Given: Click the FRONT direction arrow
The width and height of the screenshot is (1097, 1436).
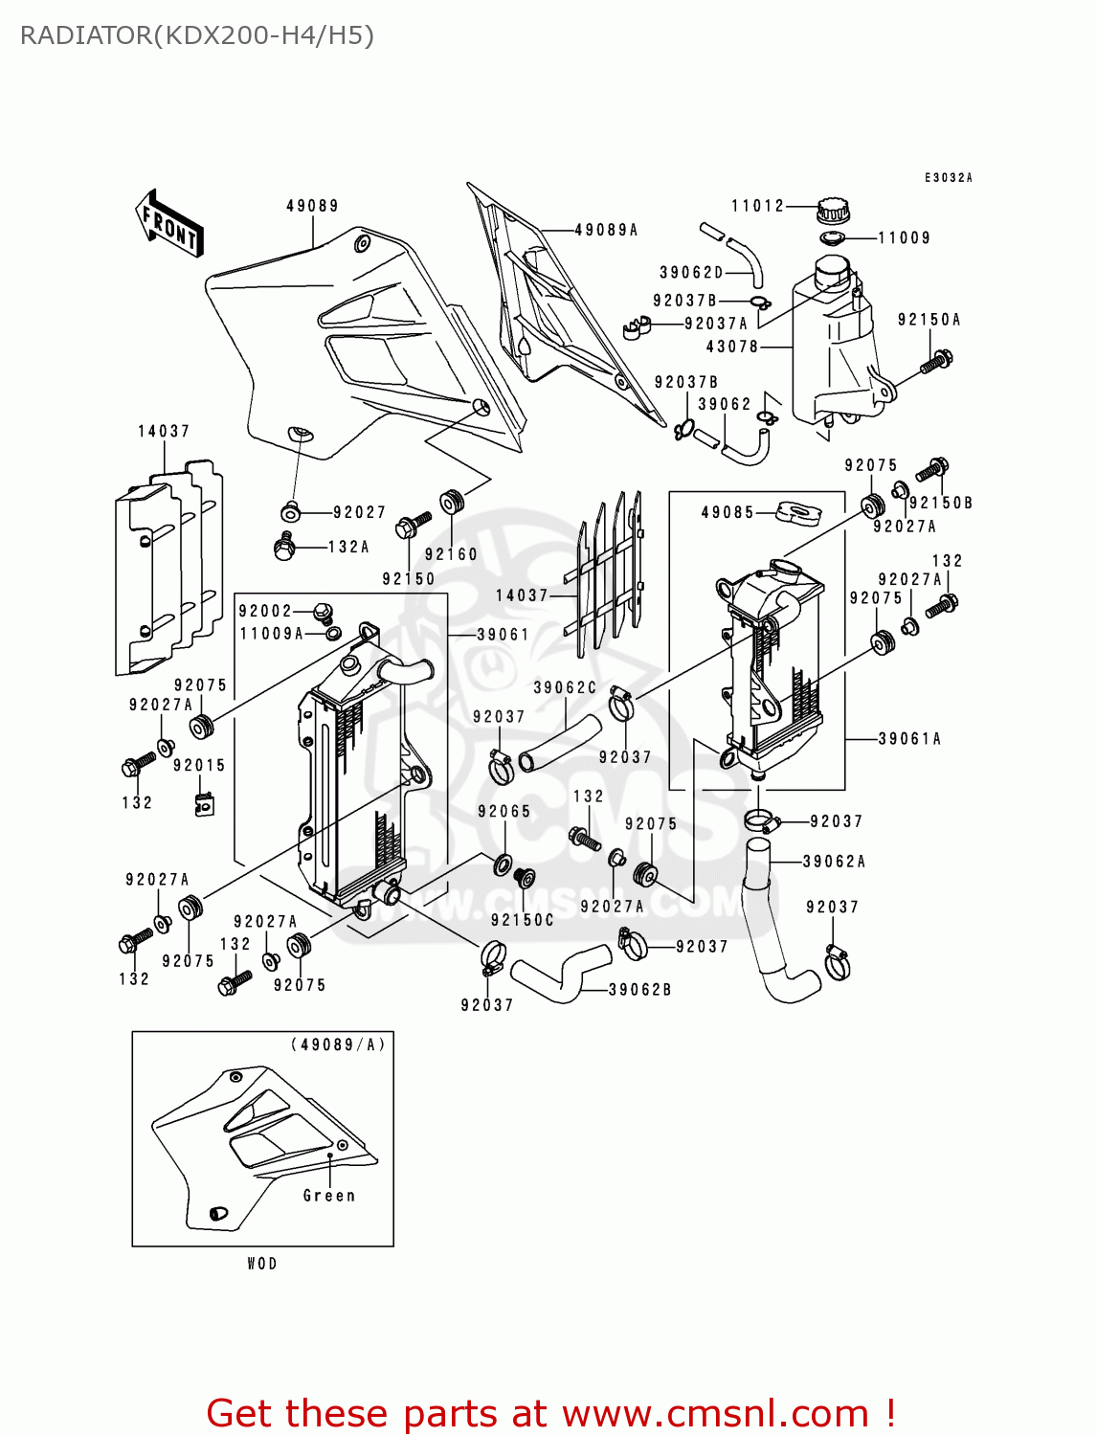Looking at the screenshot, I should [x=169, y=224].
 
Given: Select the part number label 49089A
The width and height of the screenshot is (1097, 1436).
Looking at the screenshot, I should [x=606, y=230].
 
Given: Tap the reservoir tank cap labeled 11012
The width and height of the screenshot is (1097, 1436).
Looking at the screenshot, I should [x=833, y=209].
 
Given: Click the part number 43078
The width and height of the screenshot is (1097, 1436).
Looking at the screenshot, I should [x=732, y=347].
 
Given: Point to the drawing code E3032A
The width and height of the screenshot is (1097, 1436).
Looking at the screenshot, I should [x=948, y=178].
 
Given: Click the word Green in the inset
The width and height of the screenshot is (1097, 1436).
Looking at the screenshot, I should [x=328, y=1196].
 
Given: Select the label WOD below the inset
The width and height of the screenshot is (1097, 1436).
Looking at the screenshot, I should [x=262, y=1264].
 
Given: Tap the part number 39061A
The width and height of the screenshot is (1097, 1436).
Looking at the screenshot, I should [x=909, y=739].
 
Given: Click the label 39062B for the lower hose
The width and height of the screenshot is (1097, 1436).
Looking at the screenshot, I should [x=639, y=990].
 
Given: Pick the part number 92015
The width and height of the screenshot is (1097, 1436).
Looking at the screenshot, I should [x=199, y=766].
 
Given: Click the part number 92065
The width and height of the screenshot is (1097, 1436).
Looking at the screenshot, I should [x=504, y=812].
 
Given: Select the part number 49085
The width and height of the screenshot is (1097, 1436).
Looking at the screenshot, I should [x=728, y=512].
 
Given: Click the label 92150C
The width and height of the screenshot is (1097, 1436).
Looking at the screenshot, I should [x=522, y=920].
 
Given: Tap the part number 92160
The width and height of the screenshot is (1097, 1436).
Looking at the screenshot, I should [x=451, y=554].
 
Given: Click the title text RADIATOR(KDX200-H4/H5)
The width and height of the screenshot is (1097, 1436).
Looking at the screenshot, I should [x=197, y=35].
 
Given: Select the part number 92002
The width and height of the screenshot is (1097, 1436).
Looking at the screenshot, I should [x=265, y=611].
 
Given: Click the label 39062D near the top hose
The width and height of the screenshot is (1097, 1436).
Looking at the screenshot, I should [x=691, y=273].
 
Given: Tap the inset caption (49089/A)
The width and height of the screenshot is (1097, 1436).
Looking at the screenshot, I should [x=338, y=1044].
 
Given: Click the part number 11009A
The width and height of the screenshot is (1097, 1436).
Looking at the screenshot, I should [x=271, y=634].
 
